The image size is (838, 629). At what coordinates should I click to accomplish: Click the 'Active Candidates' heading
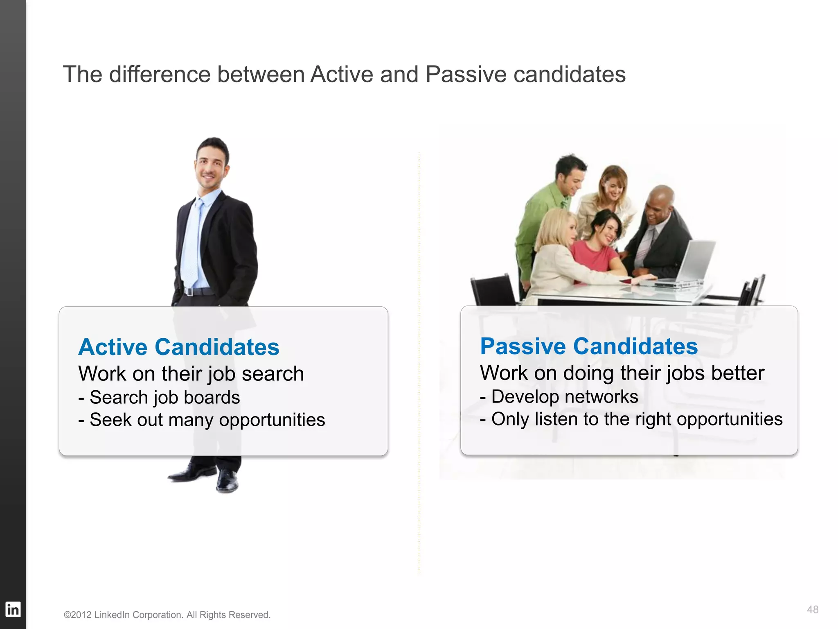point(179,347)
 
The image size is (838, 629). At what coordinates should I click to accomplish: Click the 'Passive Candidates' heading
point(588,346)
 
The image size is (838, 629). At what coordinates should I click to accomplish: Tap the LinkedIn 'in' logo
point(13,609)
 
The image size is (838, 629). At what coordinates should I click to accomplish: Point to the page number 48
point(812,609)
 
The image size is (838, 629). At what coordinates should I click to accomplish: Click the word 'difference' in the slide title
point(160,75)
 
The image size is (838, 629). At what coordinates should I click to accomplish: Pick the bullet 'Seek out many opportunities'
point(202,420)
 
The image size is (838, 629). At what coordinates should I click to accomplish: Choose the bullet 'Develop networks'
point(559,396)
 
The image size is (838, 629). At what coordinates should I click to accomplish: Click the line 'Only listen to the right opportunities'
point(631,419)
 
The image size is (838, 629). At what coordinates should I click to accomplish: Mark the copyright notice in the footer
point(167,615)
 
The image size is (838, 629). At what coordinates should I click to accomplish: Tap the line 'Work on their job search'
point(191,374)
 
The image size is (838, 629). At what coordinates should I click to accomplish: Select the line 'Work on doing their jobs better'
point(622,373)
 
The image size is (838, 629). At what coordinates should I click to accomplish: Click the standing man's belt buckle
point(189,292)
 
